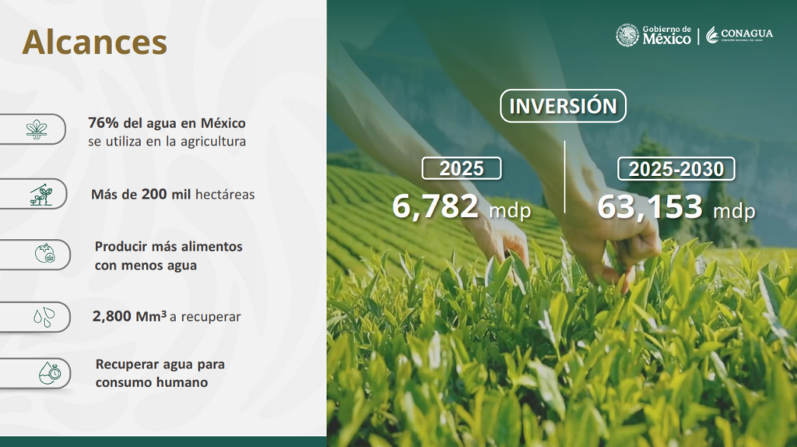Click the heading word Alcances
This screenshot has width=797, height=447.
coord(94,42)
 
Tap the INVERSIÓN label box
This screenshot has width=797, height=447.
coord(563,106)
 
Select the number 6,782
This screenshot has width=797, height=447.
coord(435,206)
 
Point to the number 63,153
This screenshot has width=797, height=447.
coord(650,207)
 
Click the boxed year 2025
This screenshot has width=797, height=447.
coord(462,168)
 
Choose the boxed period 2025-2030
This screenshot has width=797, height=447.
coord(676,169)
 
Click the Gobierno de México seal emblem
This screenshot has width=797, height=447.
coord(627,36)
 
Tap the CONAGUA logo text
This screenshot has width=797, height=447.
coord(746,33)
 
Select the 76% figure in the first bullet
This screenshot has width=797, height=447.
coord(104,123)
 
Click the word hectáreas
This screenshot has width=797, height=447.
coord(225,194)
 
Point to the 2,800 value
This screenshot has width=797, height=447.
coord(112,316)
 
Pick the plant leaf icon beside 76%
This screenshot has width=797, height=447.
coord(37,129)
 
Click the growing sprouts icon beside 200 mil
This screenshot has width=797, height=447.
coord(40,195)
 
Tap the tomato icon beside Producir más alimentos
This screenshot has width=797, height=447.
coord(44,253)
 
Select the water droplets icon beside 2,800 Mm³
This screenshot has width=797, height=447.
coord(44,317)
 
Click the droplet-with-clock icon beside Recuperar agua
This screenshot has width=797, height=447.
coord(50,373)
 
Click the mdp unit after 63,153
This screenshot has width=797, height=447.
coord(734,211)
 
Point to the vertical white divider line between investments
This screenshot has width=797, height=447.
coord(565,177)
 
